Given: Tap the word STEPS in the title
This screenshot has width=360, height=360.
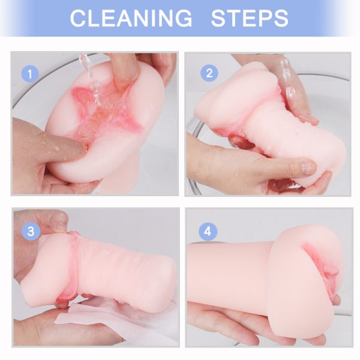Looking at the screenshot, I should pyautogui.click(x=250, y=18).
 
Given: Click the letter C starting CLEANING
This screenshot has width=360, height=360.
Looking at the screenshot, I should pyautogui.click(x=79, y=18).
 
